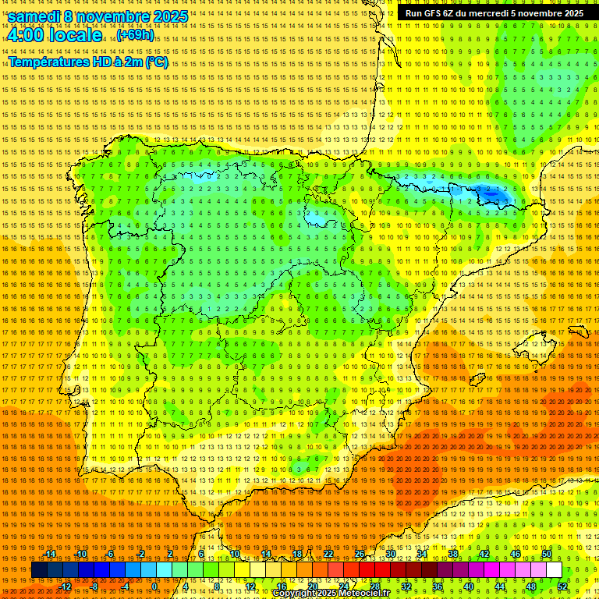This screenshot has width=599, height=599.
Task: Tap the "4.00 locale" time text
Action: click(54, 35)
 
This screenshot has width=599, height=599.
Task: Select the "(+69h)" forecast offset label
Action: click(135, 35)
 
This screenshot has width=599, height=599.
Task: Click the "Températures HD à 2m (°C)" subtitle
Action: click(88, 62)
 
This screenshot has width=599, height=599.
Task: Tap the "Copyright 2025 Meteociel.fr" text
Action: click(331, 594)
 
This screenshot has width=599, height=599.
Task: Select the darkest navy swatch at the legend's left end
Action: click(39, 570)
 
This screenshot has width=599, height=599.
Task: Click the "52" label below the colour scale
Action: click(562, 587)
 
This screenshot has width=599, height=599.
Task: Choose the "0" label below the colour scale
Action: click(154, 587)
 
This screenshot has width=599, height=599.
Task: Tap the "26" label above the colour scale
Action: click(360, 554)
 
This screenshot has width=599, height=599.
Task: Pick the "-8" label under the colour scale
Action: click(95, 587)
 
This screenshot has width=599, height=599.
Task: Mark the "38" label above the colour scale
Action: click(453, 554)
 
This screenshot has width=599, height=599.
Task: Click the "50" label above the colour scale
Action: click(547, 554)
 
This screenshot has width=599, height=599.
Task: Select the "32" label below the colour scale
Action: click(406, 587)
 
